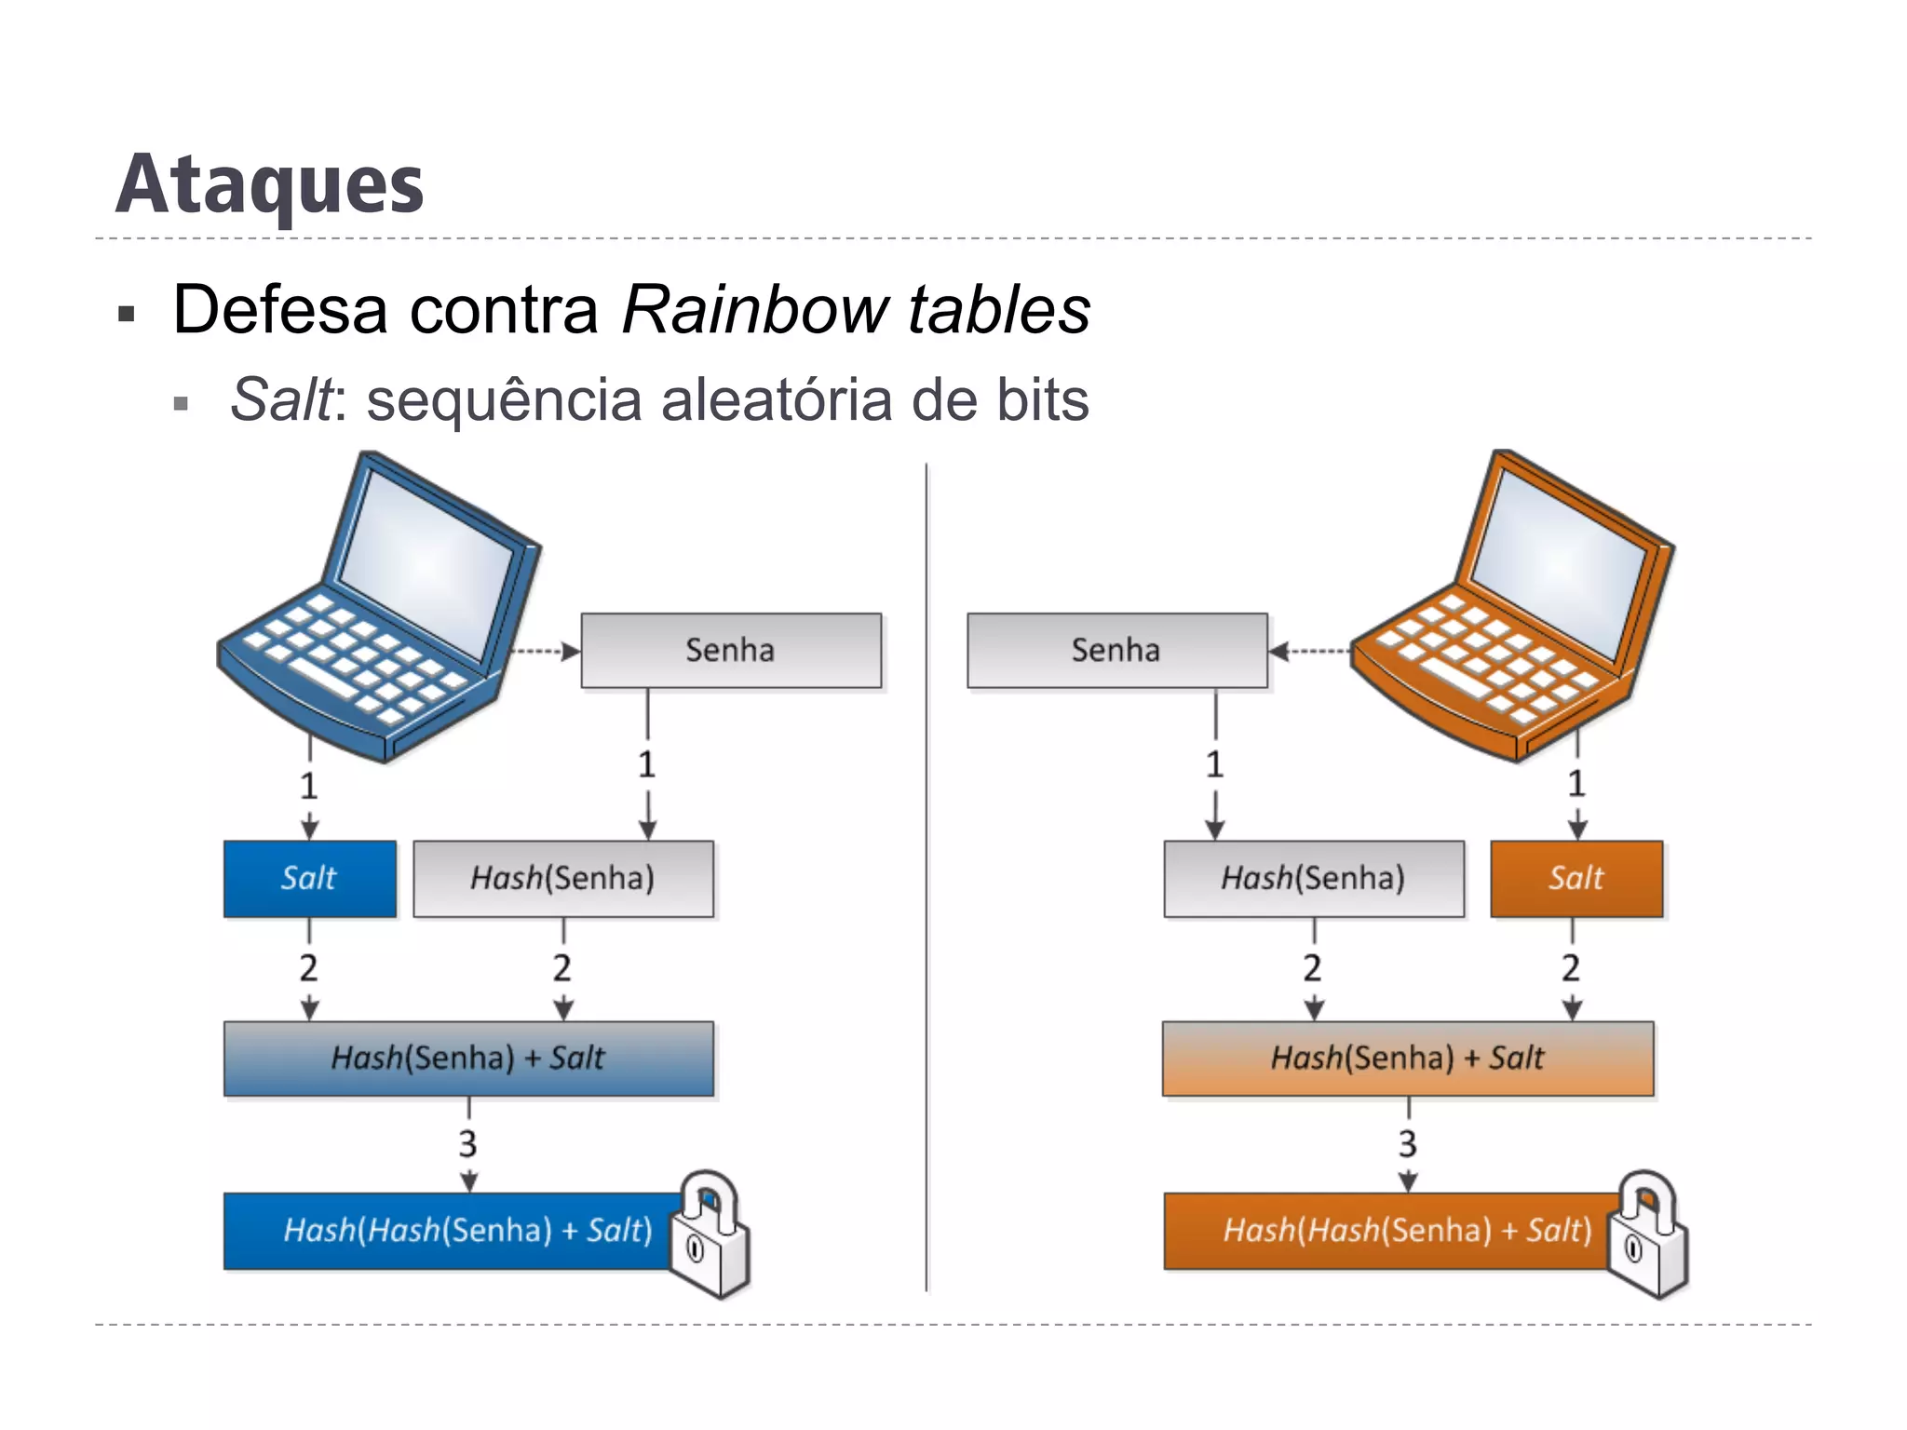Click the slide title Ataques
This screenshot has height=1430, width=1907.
coord(270,186)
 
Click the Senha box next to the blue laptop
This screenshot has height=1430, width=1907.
coord(731,650)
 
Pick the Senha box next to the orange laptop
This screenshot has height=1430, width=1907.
coord(1116,650)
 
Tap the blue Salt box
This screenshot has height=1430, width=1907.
coord(309,878)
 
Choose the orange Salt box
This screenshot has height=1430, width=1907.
coord(1576,878)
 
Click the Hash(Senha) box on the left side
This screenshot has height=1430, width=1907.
coord(562,878)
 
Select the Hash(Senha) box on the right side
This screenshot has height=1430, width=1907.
coord(1313,878)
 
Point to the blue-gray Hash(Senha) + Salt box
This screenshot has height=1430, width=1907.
coord(468,1059)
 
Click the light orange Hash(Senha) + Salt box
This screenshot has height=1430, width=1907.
coord(1407,1059)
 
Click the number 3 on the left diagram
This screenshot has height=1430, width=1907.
coord(468,1144)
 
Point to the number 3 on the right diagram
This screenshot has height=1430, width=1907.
coord(1408,1144)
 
